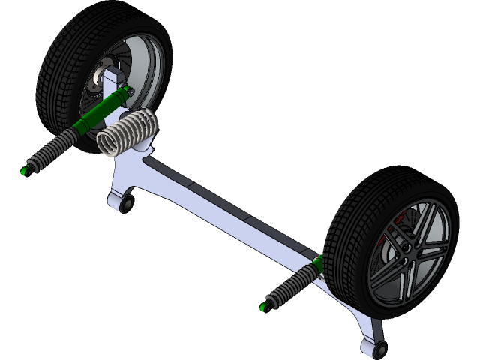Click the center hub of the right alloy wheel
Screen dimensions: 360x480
coord(406,244)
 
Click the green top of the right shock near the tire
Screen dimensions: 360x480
coord(319,262)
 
